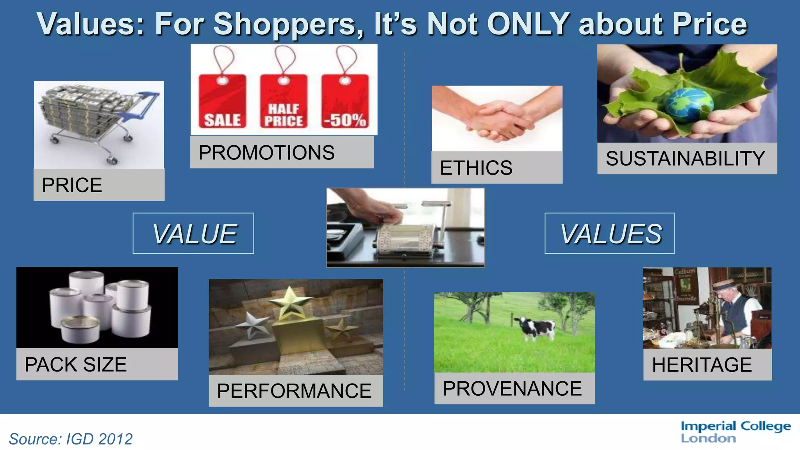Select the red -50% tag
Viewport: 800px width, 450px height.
coord(345,102)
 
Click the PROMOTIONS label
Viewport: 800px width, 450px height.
coord(266,152)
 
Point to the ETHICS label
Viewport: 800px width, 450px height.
coord(476,168)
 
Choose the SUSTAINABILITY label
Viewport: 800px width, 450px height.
coord(685,158)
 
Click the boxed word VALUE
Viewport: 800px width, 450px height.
coord(194,234)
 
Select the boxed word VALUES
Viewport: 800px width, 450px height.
coord(610,234)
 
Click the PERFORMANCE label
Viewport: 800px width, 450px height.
coord(294,391)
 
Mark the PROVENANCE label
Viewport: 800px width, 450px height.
coord(512,388)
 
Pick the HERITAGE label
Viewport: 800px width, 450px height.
coord(702,364)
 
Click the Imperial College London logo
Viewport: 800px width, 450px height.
coord(735,432)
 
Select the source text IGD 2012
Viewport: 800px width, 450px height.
coord(99,439)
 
